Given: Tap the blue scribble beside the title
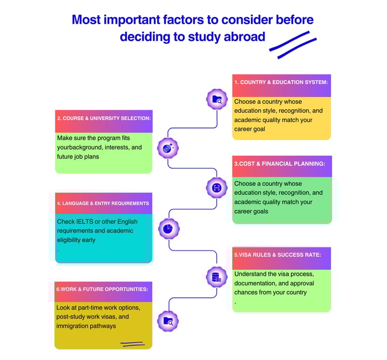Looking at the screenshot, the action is [293, 41].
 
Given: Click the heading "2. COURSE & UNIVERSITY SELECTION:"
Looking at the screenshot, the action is [103, 118].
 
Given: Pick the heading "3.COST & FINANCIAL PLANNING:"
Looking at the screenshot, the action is [279, 164].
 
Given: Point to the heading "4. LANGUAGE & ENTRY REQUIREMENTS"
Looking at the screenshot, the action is [103, 203].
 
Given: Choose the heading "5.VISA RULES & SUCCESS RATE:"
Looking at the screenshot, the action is [277, 255].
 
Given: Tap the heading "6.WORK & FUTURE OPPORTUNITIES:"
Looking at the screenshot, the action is [102, 289].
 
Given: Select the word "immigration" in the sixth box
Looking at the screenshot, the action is [74, 326].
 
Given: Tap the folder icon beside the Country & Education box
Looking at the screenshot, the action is [217, 100].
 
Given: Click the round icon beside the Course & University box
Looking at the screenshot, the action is [168, 148].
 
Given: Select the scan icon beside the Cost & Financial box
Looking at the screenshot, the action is [217, 188].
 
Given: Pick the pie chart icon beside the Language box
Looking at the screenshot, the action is [168, 229].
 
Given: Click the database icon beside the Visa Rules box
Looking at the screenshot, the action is [217, 276].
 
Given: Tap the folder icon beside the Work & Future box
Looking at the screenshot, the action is [168, 321].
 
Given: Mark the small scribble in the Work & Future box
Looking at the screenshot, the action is [132, 344].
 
